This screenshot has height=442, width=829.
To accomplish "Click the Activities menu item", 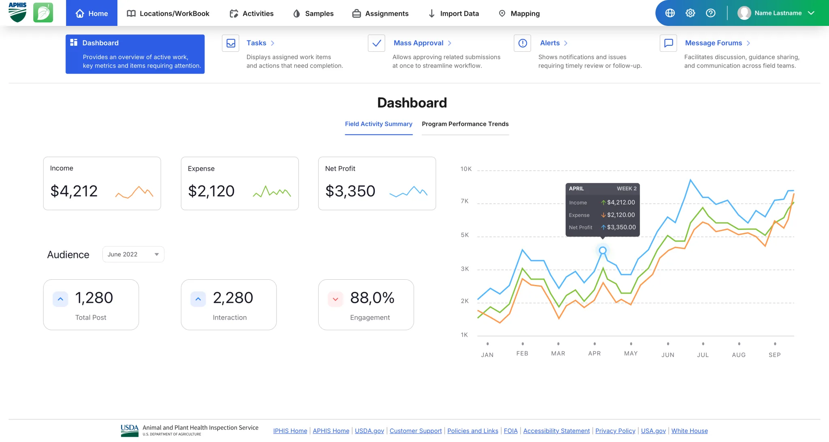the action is tap(251, 13).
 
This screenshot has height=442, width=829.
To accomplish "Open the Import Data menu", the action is tap(453, 13).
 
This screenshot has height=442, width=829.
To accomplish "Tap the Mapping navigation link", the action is tap(519, 13).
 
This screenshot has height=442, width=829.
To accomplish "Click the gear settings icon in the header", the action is tap(690, 13).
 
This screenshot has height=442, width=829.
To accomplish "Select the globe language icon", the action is tap(670, 13).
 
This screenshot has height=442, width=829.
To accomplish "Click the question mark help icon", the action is tap(710, 13).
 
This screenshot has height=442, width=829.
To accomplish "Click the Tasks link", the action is tap(256, 43).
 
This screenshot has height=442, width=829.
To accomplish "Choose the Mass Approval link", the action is tap(419, 43).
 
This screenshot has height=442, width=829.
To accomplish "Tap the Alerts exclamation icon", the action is tap(523, 43).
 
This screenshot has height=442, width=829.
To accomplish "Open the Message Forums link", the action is tap(713, 43).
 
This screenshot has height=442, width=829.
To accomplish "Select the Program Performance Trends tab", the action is tap(465, 124).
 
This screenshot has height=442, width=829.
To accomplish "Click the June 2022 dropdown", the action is tap(133, 254).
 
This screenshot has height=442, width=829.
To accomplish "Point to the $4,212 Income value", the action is tap(74, 191).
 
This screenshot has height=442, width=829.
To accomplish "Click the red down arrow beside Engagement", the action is tap(335, 299).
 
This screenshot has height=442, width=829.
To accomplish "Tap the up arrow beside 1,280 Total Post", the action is tap(60, 299).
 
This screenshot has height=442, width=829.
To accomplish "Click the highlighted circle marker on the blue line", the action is tap(603, 251).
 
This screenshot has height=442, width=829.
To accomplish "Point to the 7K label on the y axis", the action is tap(465, 201).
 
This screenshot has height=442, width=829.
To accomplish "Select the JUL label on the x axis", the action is tap(703, 355).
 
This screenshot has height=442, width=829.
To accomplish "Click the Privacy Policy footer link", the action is tap(615, 431).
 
